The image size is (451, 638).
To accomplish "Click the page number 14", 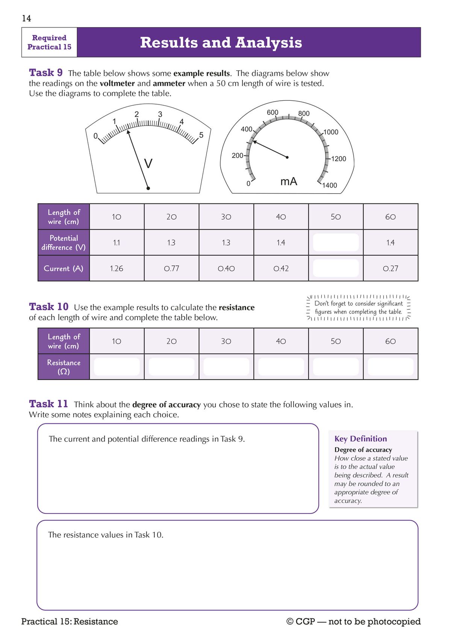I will click(26, 18).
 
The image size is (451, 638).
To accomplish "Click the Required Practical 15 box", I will click(49, 42).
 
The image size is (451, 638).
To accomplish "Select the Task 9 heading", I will click(46, 73).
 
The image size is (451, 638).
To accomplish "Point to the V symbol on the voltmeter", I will click(148, 164).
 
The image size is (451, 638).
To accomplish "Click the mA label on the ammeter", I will click(289, 182).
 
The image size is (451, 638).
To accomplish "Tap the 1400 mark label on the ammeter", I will click(330, 185).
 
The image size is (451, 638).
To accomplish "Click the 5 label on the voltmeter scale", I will click(201, 135).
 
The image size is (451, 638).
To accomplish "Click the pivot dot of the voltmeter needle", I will click(148, 188).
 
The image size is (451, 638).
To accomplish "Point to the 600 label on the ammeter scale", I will click(272, 112).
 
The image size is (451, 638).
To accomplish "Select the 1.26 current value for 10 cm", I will click(117, 268).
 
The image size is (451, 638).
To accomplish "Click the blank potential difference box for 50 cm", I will click(336, 242).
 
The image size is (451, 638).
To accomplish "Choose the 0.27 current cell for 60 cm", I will click(390, 268).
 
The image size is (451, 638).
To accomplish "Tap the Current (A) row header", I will click(64, 268).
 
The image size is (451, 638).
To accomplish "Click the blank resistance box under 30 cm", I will click(226, 367).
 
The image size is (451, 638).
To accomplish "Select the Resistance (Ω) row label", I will click(64, 367).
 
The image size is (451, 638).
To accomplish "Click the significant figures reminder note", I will click(358, 308).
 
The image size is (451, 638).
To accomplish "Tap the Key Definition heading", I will click(360, 439).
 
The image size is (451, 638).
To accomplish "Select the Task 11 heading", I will click(48, 404).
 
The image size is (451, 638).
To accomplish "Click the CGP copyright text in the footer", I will click(353, 621).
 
